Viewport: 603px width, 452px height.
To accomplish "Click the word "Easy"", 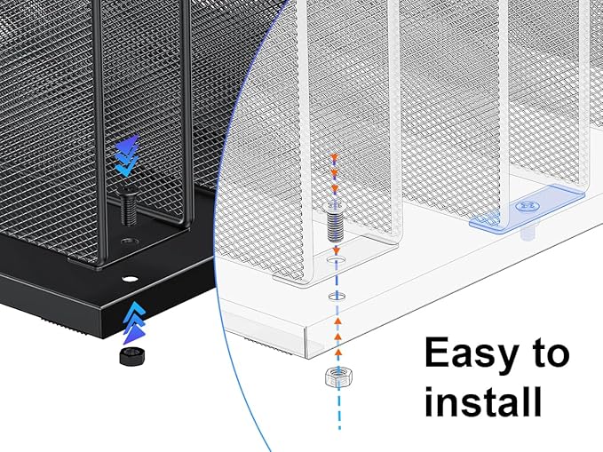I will coord(472,354).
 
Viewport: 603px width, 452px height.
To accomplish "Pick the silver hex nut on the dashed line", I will coord(336,377).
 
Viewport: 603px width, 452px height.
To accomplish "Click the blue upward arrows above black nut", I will coord(132,320).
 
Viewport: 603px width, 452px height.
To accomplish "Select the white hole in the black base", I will coord(130,279).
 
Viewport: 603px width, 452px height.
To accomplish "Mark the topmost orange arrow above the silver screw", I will coord(335,158).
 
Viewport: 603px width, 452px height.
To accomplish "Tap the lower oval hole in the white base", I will coord(335,296).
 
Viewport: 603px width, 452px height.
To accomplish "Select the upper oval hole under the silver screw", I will coord(334,264).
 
